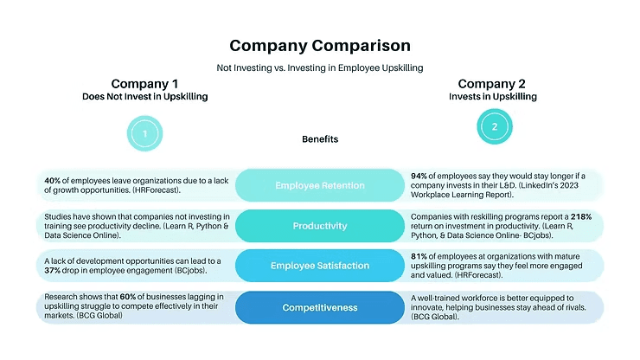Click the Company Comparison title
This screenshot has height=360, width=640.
(319, 45)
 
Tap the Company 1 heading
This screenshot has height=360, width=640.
(144, 83)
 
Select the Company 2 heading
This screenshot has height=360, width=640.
(492, 83)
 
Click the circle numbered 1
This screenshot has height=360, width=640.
(144, 134)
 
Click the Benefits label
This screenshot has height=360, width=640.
(320, 138)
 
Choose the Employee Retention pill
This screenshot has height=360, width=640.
(319, 185)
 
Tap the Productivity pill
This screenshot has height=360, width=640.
(319, 226)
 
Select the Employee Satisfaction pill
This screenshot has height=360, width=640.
(319, 266)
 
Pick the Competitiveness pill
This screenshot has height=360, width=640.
(319, 307)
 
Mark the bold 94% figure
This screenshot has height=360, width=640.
(420, 175)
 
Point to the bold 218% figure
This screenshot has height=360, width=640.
(581, 215)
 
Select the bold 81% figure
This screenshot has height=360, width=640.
(420, 256)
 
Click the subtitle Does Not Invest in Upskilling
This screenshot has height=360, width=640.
(144, 97)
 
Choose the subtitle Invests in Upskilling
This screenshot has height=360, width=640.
(492, 97)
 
